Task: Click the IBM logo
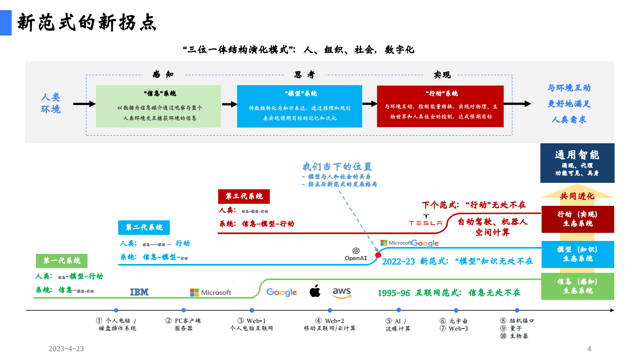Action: click(x=139, y=292)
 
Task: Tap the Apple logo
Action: click(x=315, y=291)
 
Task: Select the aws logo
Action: click(x=342, y=293)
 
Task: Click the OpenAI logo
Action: click(x=356, y=254)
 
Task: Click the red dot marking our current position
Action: click(x=378, y=255)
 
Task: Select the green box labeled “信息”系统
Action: click(x=158, y=106)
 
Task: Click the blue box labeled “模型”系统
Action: click(x=300, y=106)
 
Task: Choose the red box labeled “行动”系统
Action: click(x=440, y=106)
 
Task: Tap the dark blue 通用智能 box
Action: click(x=577, y=163)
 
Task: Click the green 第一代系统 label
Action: click(x=62, y=261)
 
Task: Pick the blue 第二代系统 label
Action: click(x=144, y=227)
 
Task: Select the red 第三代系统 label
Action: click(x=244, y=196)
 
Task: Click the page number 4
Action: click(x=589, y=349)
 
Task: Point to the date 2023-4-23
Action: click(x=66, y=349)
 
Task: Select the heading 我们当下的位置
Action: click(x=337, y=167)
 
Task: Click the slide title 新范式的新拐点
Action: click(x=87, y=23)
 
